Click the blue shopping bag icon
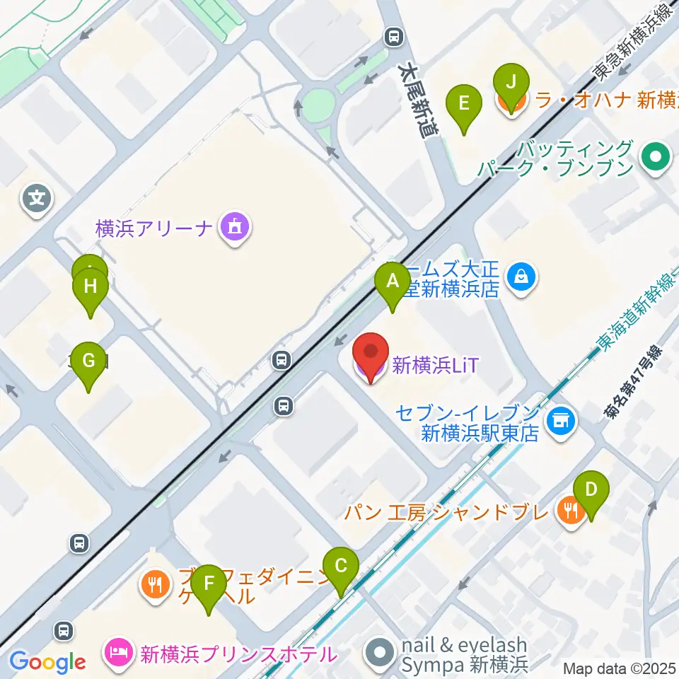[522, 276]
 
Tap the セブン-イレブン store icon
[562, 421]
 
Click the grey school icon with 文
[37, 198]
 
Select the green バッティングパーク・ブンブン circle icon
[655, 158]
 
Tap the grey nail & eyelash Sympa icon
[381, 651]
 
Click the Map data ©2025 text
[617, 668]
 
